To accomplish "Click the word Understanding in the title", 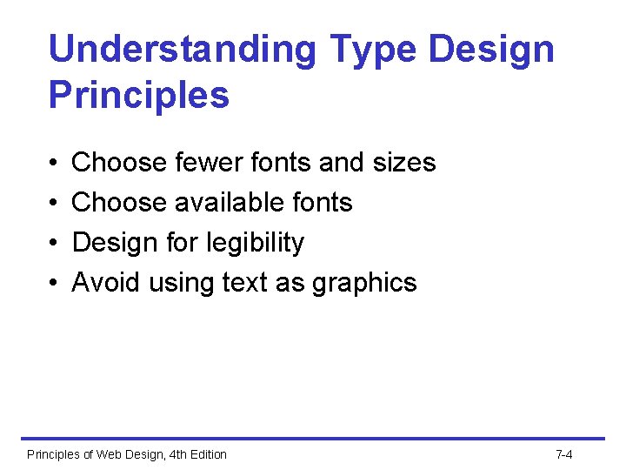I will pyautogui.click(x=183, y=50).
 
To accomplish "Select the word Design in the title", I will pyautogui.click(x=492, y=50).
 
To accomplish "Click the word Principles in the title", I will pyautogui.click(x=139, y=95).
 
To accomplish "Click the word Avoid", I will pyautogui.click(x=107, y=282).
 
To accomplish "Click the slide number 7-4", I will pyautogui.click(x=563, y=454).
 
